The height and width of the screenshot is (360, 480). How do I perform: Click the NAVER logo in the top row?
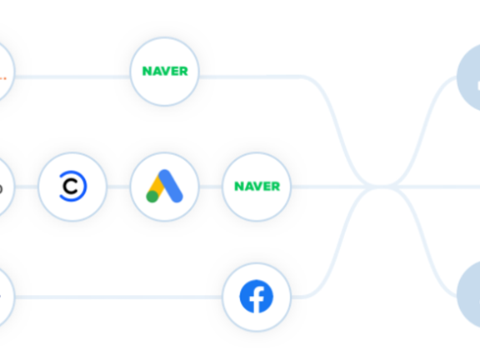point(165,72)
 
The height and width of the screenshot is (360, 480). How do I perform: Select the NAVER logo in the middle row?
point(257,186)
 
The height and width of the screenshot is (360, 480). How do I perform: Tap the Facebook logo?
point(257,297)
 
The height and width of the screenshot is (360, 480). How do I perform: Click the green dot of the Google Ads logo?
point(152,196)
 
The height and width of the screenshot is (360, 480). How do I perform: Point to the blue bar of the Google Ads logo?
point(171,186)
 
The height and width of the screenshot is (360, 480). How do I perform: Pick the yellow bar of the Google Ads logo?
point(157,187)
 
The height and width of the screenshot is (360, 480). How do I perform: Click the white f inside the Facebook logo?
point(257,299)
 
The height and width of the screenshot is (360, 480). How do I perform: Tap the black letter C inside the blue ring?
point(70,187)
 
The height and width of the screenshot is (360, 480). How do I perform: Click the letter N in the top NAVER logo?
point(147,72)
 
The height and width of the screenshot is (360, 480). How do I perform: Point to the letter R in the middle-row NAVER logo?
point(275,186)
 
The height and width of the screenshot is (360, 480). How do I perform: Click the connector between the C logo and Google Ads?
point(118,187)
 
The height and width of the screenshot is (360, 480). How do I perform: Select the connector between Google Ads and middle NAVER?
point(211,187)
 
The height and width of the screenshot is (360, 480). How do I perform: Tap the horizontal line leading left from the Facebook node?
point(118,297)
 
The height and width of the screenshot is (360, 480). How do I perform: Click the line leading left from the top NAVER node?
point(72,77)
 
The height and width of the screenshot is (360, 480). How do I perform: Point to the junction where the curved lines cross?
point(380,187)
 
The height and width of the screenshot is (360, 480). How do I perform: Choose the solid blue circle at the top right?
point(470,77)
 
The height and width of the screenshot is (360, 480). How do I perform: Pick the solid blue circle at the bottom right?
point(470,294)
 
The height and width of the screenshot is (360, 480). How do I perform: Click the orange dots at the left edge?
point(2,78)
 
